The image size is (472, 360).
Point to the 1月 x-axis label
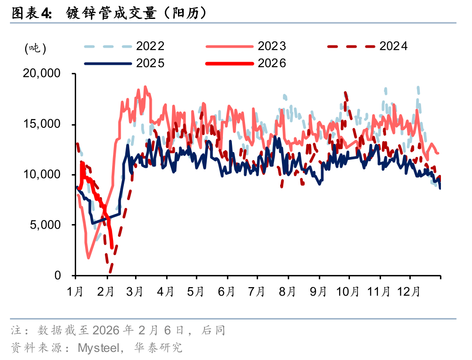(75, 292)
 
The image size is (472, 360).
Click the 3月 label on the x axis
(135, 292)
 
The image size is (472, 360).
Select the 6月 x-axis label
(226, 292)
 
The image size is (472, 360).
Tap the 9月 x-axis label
(318, 292)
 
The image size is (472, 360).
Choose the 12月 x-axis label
(409, 292)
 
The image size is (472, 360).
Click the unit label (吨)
(35, 48)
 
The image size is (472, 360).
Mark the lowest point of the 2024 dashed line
(110, 272)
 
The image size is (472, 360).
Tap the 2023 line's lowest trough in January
(88, 258)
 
